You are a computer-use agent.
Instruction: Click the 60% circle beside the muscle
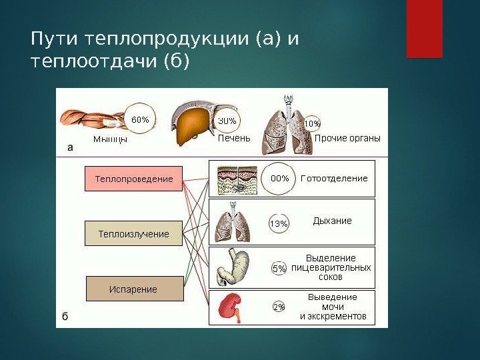pos(140,120)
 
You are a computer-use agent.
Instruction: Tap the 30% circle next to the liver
pos(227,121)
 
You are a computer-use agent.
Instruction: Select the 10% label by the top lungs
pos(312,124)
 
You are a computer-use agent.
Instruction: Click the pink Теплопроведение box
pos(133,179)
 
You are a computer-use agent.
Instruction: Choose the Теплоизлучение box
pos(133,234)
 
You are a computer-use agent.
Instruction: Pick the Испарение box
pos(133,289)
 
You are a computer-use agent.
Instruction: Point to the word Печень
pos(234,139)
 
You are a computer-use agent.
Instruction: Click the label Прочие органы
pos(347,139)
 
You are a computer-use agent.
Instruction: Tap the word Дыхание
pos(332,221)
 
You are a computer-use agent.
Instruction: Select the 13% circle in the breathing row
pos(279,224)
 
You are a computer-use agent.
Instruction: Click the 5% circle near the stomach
pos(279,269)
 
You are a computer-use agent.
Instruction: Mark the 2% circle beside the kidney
pos(279,307)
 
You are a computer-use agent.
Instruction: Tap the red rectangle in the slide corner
pos(425,29)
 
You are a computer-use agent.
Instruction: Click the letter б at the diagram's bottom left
pos(65,317)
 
